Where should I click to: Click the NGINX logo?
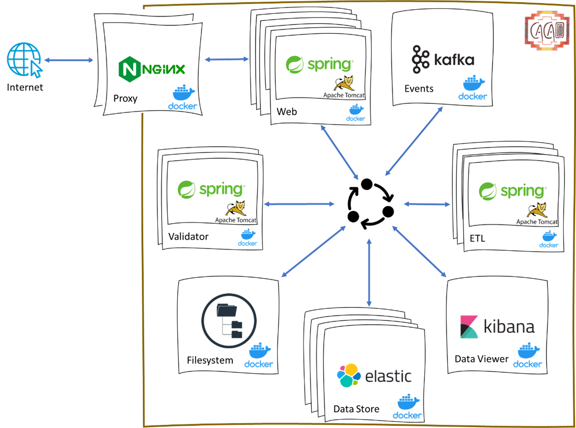(x=152, y=69)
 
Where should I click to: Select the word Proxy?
(x=125, y=98)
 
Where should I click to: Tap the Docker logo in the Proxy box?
(x=182, y=97)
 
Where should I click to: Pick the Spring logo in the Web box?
(x=319, y=63)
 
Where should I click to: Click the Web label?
(x=287, y=112)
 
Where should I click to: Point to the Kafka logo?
(x=443, y=60)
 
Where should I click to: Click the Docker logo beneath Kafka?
(x=473, y=88)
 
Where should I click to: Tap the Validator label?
(x=188, y=237)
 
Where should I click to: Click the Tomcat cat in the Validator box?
(x=236, y=208)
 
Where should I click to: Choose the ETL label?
(x=478, y=239)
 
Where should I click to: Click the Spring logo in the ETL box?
(x=512, y=191)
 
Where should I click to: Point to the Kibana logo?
(x=497, y=327)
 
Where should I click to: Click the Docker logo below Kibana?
(x=527, y=356)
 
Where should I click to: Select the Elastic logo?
(x=374, y=376)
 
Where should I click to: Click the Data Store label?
(x=356, y=409)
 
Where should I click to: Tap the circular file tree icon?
(x=229, y=321)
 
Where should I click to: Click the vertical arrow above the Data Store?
(x=369, y=272)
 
